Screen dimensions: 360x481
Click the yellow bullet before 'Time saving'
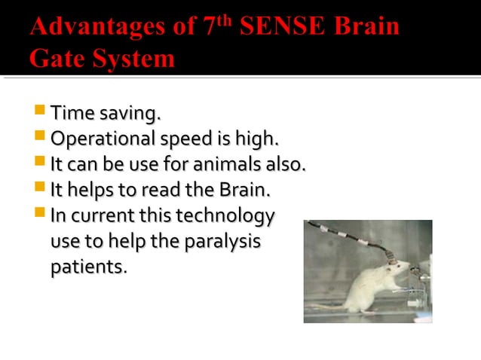click(x=40, y=113)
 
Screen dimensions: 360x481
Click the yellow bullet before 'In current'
click(x=40, y=213)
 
